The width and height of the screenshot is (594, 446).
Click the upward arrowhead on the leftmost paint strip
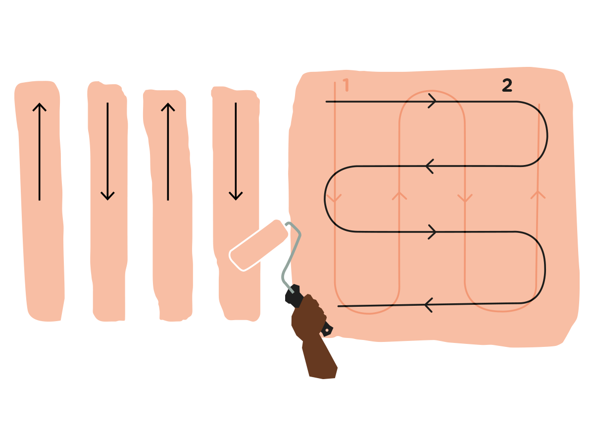point(40,107)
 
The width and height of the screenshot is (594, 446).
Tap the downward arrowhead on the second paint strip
point(107,196)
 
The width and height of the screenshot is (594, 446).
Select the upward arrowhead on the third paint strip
point(168,107)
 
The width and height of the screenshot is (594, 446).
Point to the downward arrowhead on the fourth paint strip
point(236,196)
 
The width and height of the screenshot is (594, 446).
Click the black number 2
point(507,85)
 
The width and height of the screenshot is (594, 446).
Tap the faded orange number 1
point(346,85)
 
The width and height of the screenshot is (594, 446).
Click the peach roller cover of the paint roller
point(258,245)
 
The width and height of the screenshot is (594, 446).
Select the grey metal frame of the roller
point(292,257)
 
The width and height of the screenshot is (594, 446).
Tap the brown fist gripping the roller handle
point(308,317)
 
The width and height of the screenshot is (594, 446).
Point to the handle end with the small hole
point(327,330)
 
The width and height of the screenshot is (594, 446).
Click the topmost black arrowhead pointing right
point(432,101)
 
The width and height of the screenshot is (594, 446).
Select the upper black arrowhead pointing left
point(430,167)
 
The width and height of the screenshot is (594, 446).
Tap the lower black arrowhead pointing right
point(432,232)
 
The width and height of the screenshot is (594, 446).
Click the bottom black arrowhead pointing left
point(429,305)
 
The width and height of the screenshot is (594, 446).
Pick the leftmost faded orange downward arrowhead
point(335,199)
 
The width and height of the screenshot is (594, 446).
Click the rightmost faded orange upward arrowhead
point(538,195)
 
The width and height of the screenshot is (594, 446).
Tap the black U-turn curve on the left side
point(325,199)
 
